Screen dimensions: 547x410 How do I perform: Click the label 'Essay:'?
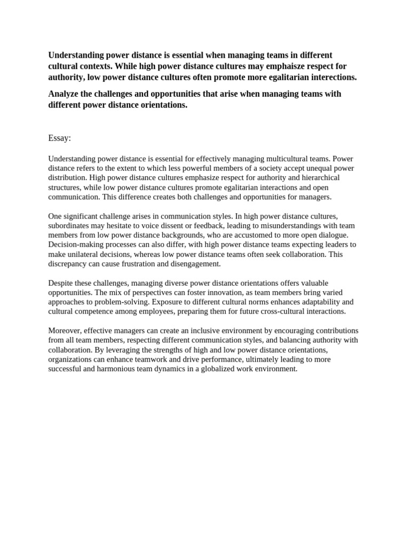59,138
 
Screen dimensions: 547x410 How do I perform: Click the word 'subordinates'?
69,226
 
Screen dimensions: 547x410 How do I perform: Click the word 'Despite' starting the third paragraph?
61,283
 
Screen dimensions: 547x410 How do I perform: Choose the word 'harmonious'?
117,369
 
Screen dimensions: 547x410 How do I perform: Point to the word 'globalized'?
216,369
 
